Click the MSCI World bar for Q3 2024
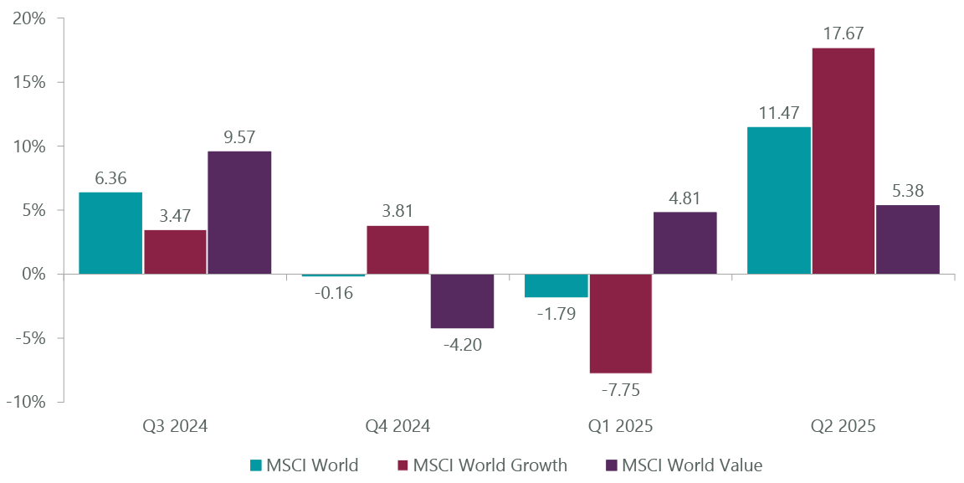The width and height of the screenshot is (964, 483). pos(110,233)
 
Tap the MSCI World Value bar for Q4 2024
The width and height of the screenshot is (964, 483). pos(463,301)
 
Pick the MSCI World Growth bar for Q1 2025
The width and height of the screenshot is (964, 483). pos(621,323)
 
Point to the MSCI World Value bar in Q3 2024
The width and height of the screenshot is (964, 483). pos(239,213)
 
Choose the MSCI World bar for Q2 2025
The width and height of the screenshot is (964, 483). pos(779,200)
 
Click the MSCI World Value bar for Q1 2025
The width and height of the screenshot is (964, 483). pos(685,243)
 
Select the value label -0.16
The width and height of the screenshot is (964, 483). pos(333,292)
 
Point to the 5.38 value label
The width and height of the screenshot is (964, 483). pos(907,191)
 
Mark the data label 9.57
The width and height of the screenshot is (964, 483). pos(239,136)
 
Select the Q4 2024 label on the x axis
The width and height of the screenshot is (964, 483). pos(397,426)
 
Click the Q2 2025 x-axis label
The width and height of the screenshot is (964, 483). pos(843,426)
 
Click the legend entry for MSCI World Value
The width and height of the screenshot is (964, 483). pos(691,465)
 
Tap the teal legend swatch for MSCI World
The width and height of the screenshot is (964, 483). pos(257,465)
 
